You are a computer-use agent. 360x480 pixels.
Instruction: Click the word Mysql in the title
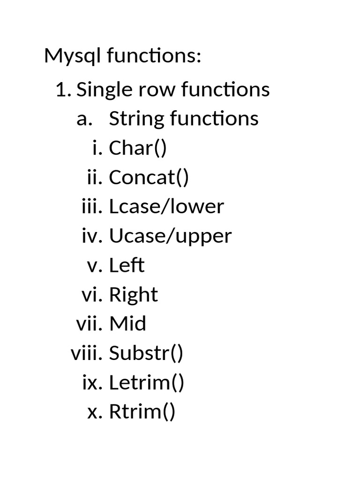(72, 56)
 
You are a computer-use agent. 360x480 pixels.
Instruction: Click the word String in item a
(136, 119)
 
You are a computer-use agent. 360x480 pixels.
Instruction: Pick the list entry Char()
(138, 148)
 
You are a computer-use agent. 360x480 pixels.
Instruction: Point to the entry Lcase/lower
(166, 207)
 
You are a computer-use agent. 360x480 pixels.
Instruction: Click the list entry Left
(127, 265)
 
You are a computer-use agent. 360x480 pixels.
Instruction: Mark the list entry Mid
(127, 323)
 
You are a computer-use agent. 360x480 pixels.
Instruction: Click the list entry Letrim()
(147, 382)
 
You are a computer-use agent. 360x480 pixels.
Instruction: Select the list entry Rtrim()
(142, 412)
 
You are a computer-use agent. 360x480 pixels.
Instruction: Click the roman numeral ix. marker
(92, 383)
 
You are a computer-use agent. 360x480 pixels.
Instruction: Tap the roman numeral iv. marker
(92, 236)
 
